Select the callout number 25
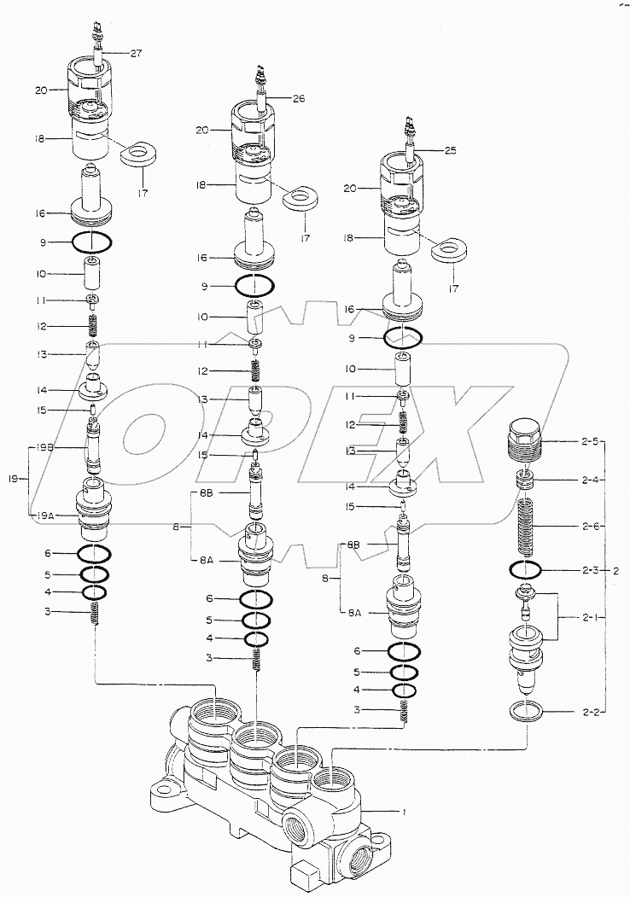coord(451,150)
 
